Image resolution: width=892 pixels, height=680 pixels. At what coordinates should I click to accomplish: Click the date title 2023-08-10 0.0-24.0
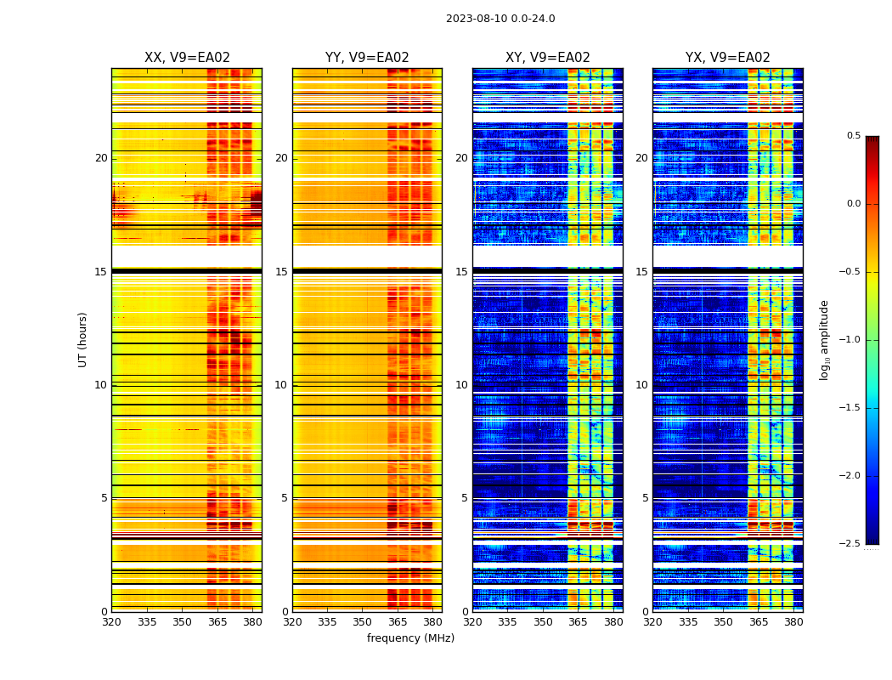pyautogui.click(x=500, y=19)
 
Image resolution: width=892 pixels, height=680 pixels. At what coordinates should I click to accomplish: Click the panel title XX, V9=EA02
pyautogui.click(x=187, y=58)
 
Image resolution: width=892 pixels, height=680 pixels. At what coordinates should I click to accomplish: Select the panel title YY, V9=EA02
pyautogui.click(x=367, y=58)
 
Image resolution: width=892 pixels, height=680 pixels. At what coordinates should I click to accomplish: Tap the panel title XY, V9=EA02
pyautogui.click(x=547, y=58)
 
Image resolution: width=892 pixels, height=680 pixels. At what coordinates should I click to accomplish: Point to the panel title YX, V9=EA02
pyautogui.click(x=727, y=58)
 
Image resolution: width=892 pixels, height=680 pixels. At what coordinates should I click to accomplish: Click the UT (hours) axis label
pyautogui.click(x=83, y=339)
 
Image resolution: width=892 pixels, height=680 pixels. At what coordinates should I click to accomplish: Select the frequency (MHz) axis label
pyautogui.click(x=410, y=638)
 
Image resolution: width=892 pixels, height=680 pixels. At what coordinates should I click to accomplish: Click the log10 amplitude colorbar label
pyautogui.click(x=824, y=339)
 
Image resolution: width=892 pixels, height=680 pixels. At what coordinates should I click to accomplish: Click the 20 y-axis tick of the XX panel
pyautogui.click(x=101, y=158)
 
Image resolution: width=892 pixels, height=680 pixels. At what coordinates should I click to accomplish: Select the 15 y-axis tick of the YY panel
pyautogui.click(x=282, y=272)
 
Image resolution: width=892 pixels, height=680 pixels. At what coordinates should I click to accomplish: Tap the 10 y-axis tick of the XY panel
pyautogui.click(x=462, y=385)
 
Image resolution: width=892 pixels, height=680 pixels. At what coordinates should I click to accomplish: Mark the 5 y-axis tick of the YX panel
pyautogui.click(x=646, y=498)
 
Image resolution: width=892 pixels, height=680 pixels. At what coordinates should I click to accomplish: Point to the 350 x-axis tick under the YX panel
pyautogui.click(x=723, y=622)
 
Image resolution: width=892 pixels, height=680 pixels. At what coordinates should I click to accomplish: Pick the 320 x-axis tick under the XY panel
pyautogui.click(x=473, y=622)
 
